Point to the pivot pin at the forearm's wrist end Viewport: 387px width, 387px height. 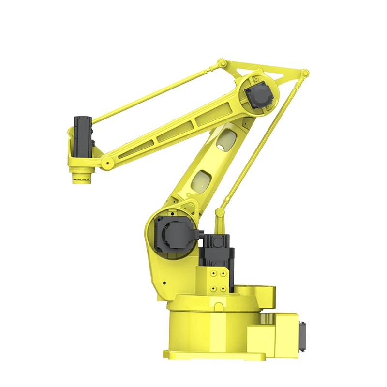[x=104, y=164]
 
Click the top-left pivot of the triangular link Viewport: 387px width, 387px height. [x=222, y=63]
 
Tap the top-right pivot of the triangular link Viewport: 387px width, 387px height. [x=304, y=74]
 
